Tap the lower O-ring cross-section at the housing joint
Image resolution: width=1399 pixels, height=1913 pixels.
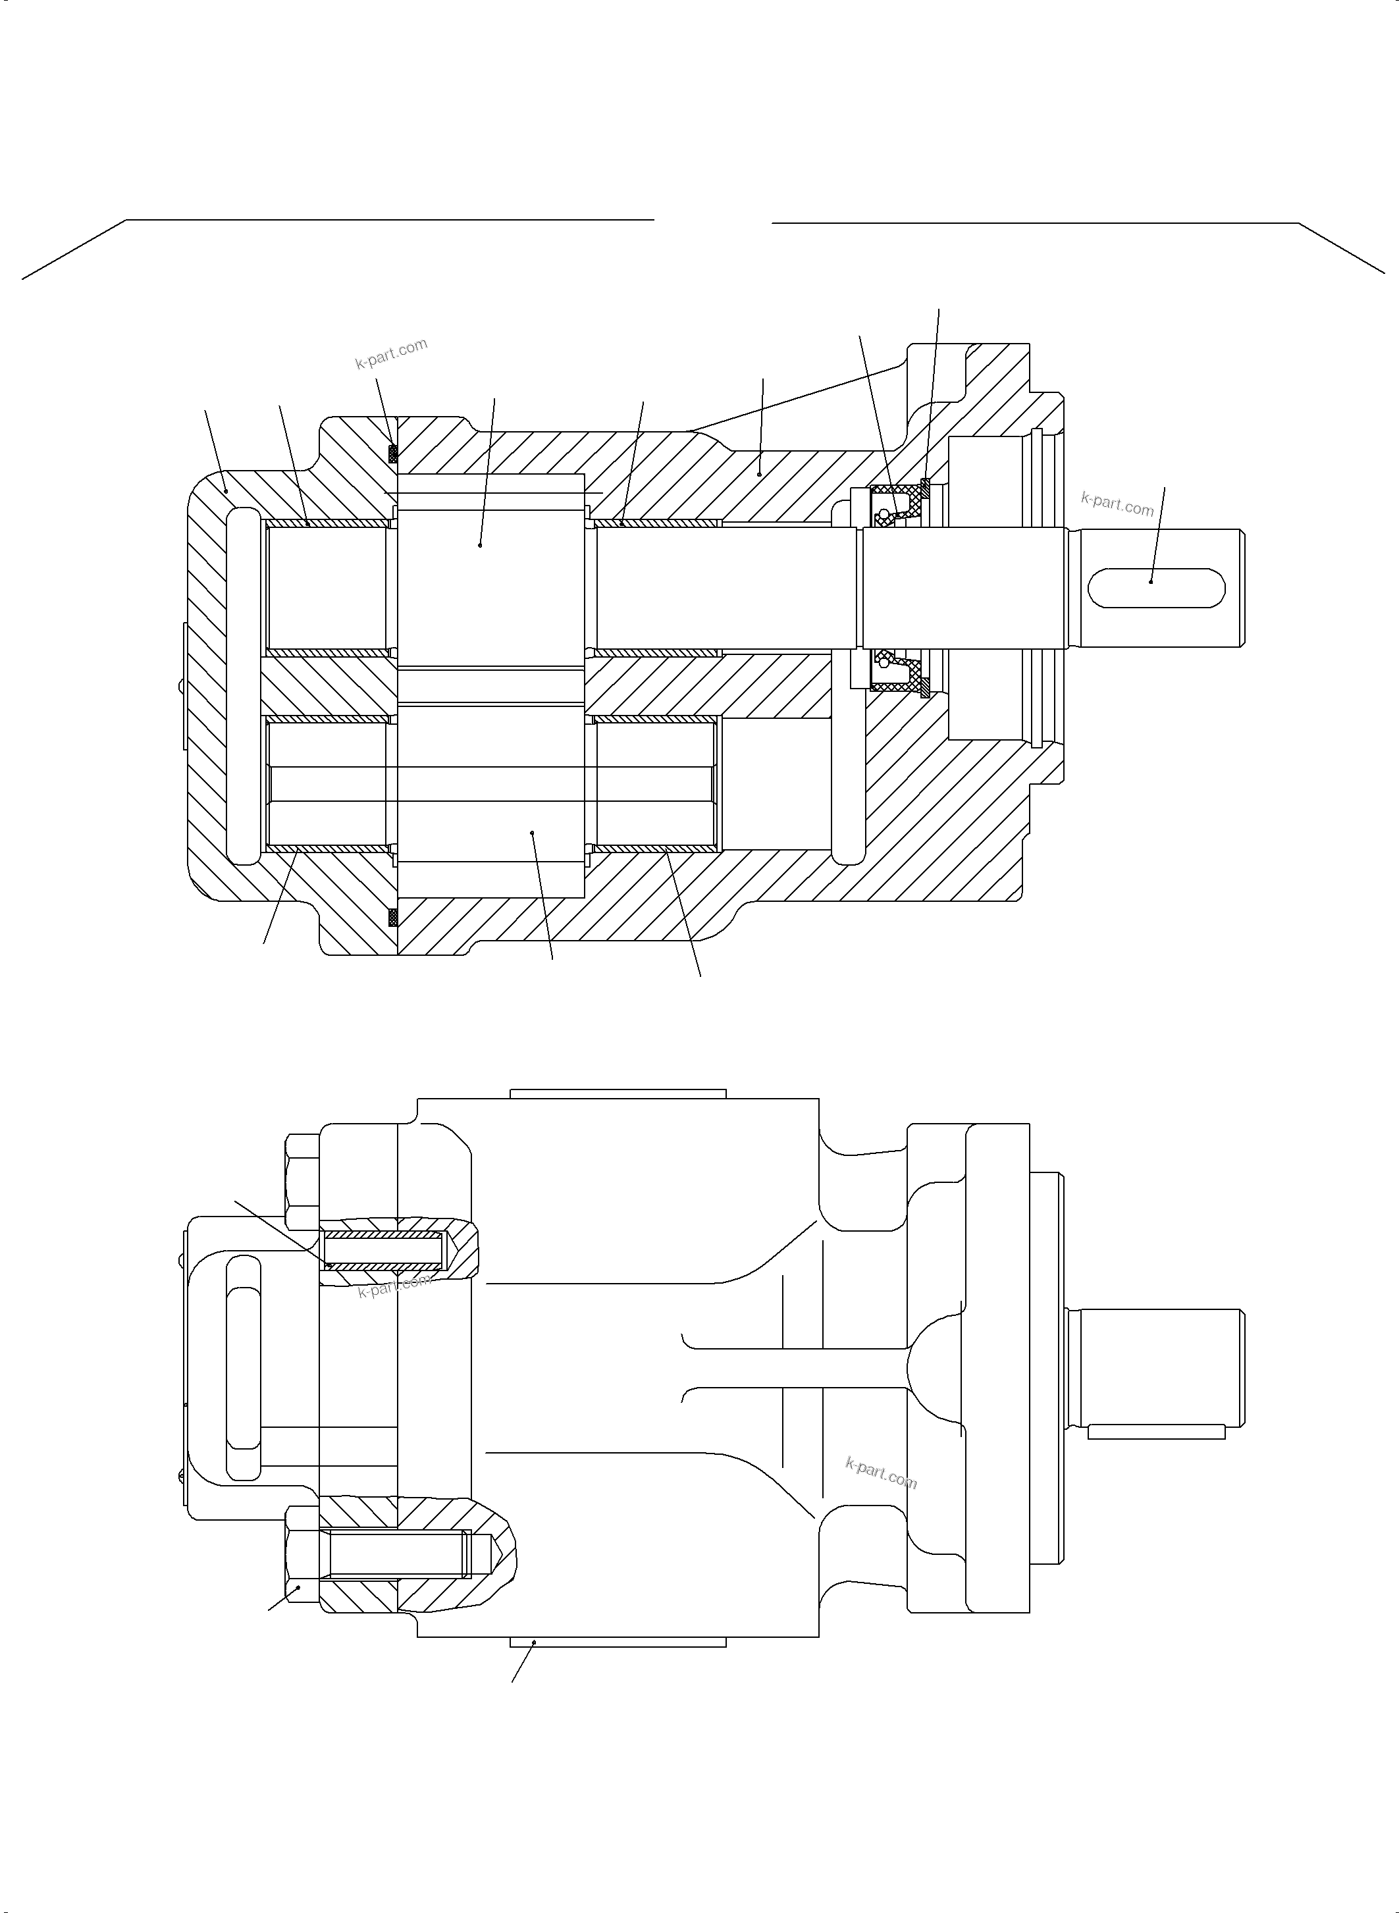coord(392,916)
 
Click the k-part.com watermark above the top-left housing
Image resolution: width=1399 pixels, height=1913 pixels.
coord(391,354)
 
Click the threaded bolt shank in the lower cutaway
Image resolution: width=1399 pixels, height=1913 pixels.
coord(394,1554)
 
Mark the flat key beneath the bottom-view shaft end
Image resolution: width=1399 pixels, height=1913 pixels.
coord(1156,1431)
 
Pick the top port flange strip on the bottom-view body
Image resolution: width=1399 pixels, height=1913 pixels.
coord(618,1093)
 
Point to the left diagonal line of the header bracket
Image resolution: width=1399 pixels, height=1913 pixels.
coord(74,249)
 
